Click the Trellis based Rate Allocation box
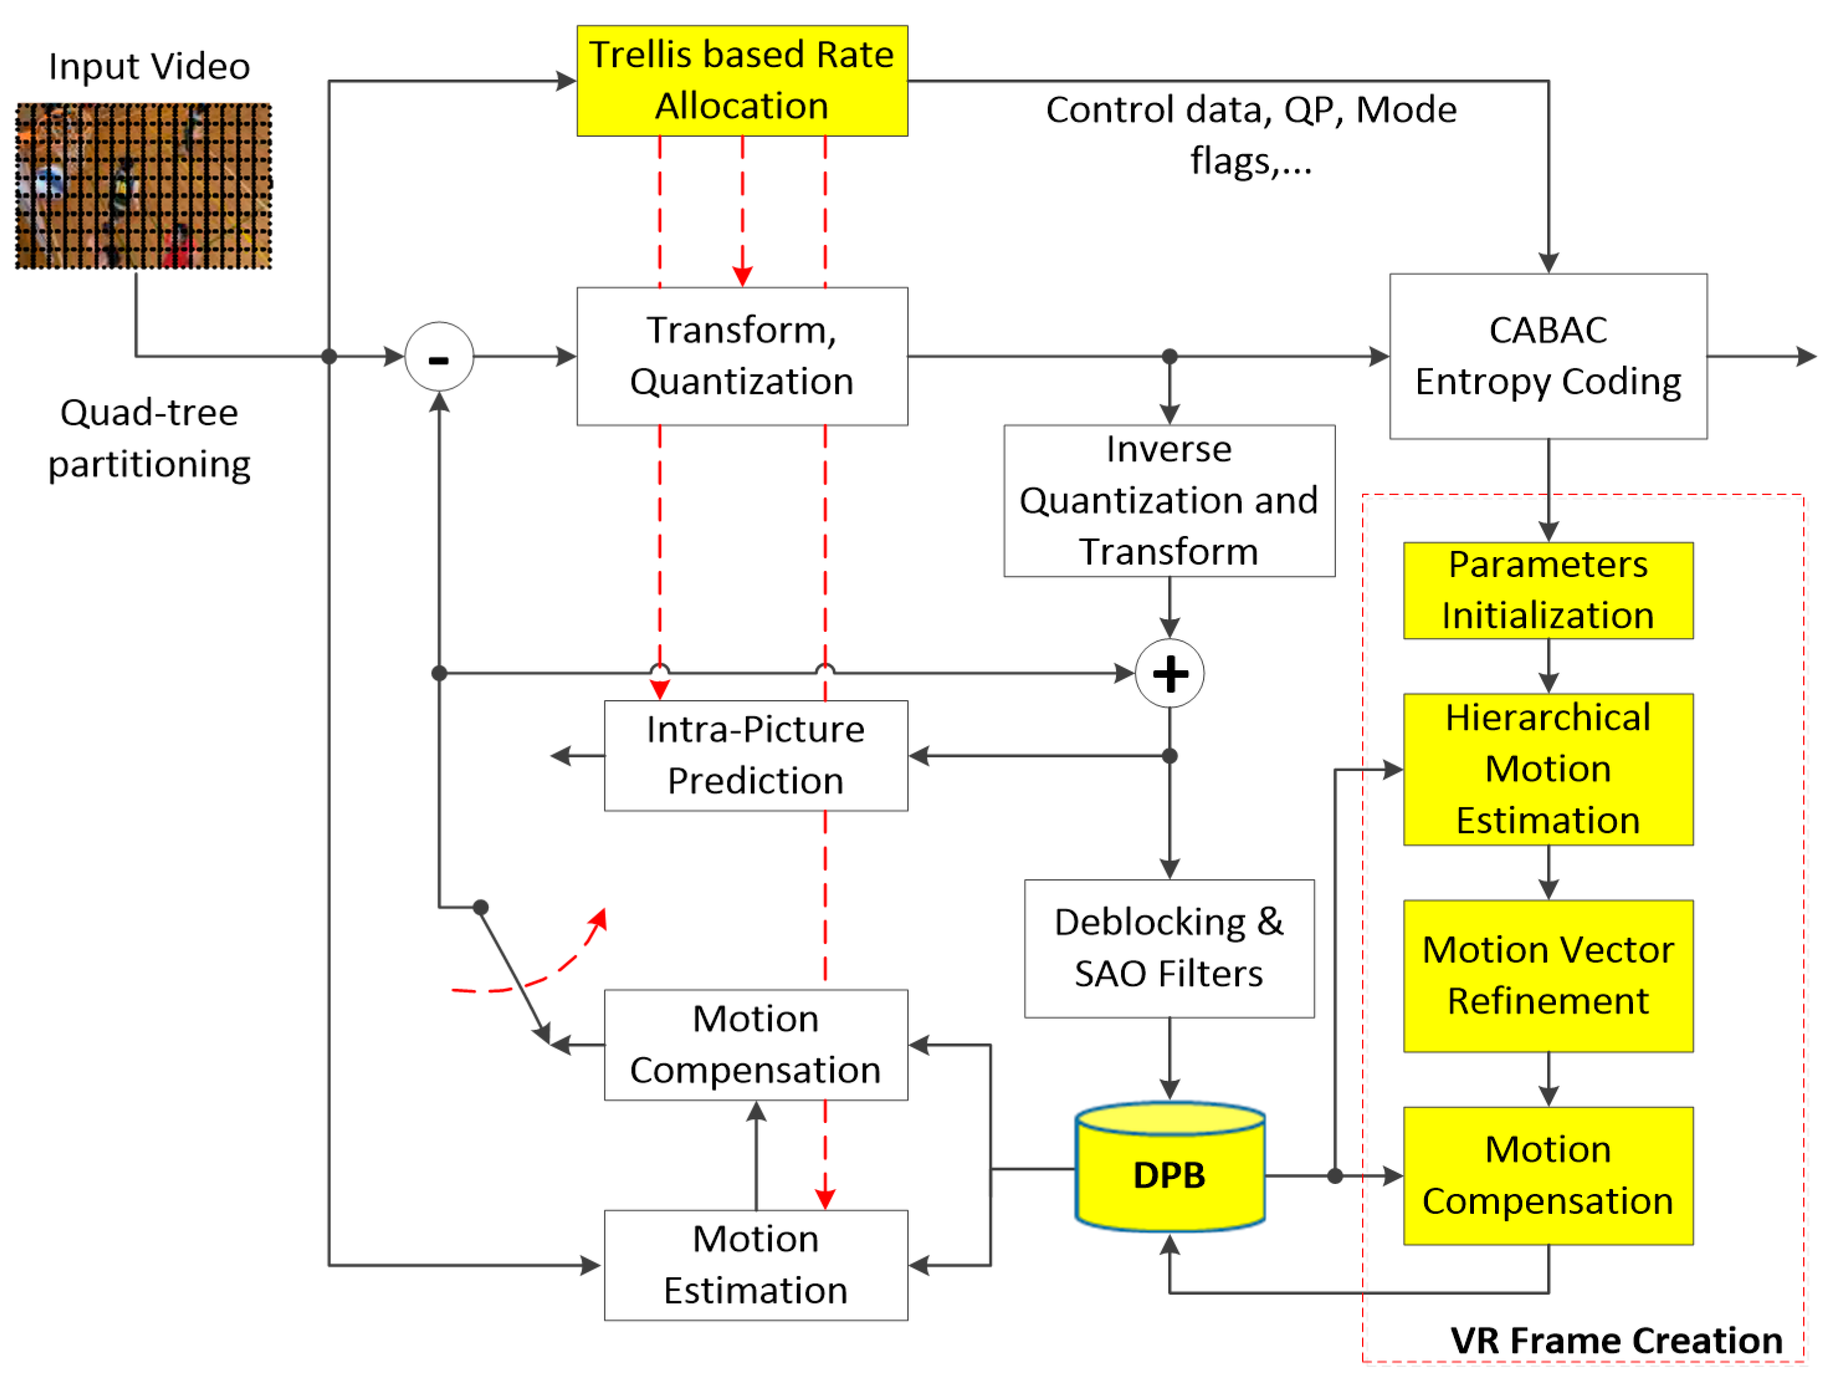pyautogui.click(x=742, y=80)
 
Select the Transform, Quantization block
pyautogui.click(x=742, y=356)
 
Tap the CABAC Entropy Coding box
pyautogui.click(x=1548, y=356)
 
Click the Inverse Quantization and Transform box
pyautogui.click(x=1168, y=500)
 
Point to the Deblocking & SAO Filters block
pyautogui.click(x=1168, y=948)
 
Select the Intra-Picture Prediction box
pyautogui.click(x=756, y=755)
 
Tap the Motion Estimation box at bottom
pyautogui.click(x=756, y=1265)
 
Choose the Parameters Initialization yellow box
pyautogui.click(x=1548, y=590)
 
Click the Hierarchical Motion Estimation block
pyautogui.click(x=1548, y=769)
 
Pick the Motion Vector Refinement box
pyautogui.click(x=1548, y=975)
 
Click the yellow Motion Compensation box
pyautogui.click(x=1548, y=1175)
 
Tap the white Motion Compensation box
pyautogui.click(x=756, y=1044)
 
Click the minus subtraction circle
pyautogui.click(x=439, y=357)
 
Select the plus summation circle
pyautogui.click(x=1170, y=673)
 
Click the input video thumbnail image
pyautogui.click(x=143, y=186)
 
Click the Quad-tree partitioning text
pyautogui.click(x=149, y=439)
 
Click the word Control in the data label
pyautogui.click(x=1101, y=109)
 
